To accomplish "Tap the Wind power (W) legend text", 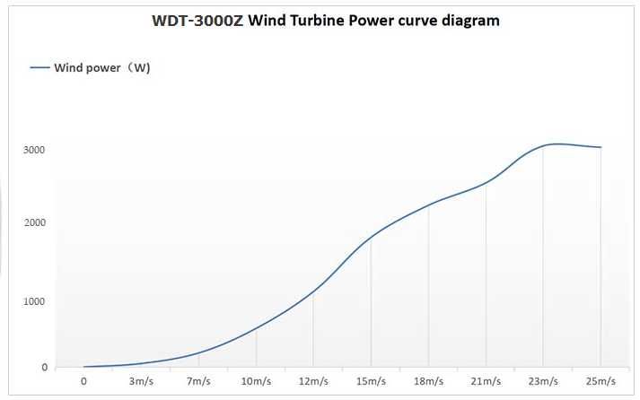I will [102, 67].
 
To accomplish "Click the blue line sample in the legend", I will [40, 67].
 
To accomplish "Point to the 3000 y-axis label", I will [34, 150].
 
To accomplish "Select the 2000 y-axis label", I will [34, 223].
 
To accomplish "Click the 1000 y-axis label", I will [34, 301].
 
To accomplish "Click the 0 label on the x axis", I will [83, 381].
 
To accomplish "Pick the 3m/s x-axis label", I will [141, 381].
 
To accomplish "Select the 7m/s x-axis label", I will [198, 381].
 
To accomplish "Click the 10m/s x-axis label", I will [256, 381].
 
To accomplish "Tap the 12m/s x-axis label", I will [313, 381].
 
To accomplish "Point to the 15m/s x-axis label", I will [371, 381].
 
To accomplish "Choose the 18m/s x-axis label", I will [428, 381].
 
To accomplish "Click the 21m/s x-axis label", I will [486, 381].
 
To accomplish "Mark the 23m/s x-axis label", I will [543, 381].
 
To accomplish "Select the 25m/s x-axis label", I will [601, 381].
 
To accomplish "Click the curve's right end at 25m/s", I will [601, 147].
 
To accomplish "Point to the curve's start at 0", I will [83, 366].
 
